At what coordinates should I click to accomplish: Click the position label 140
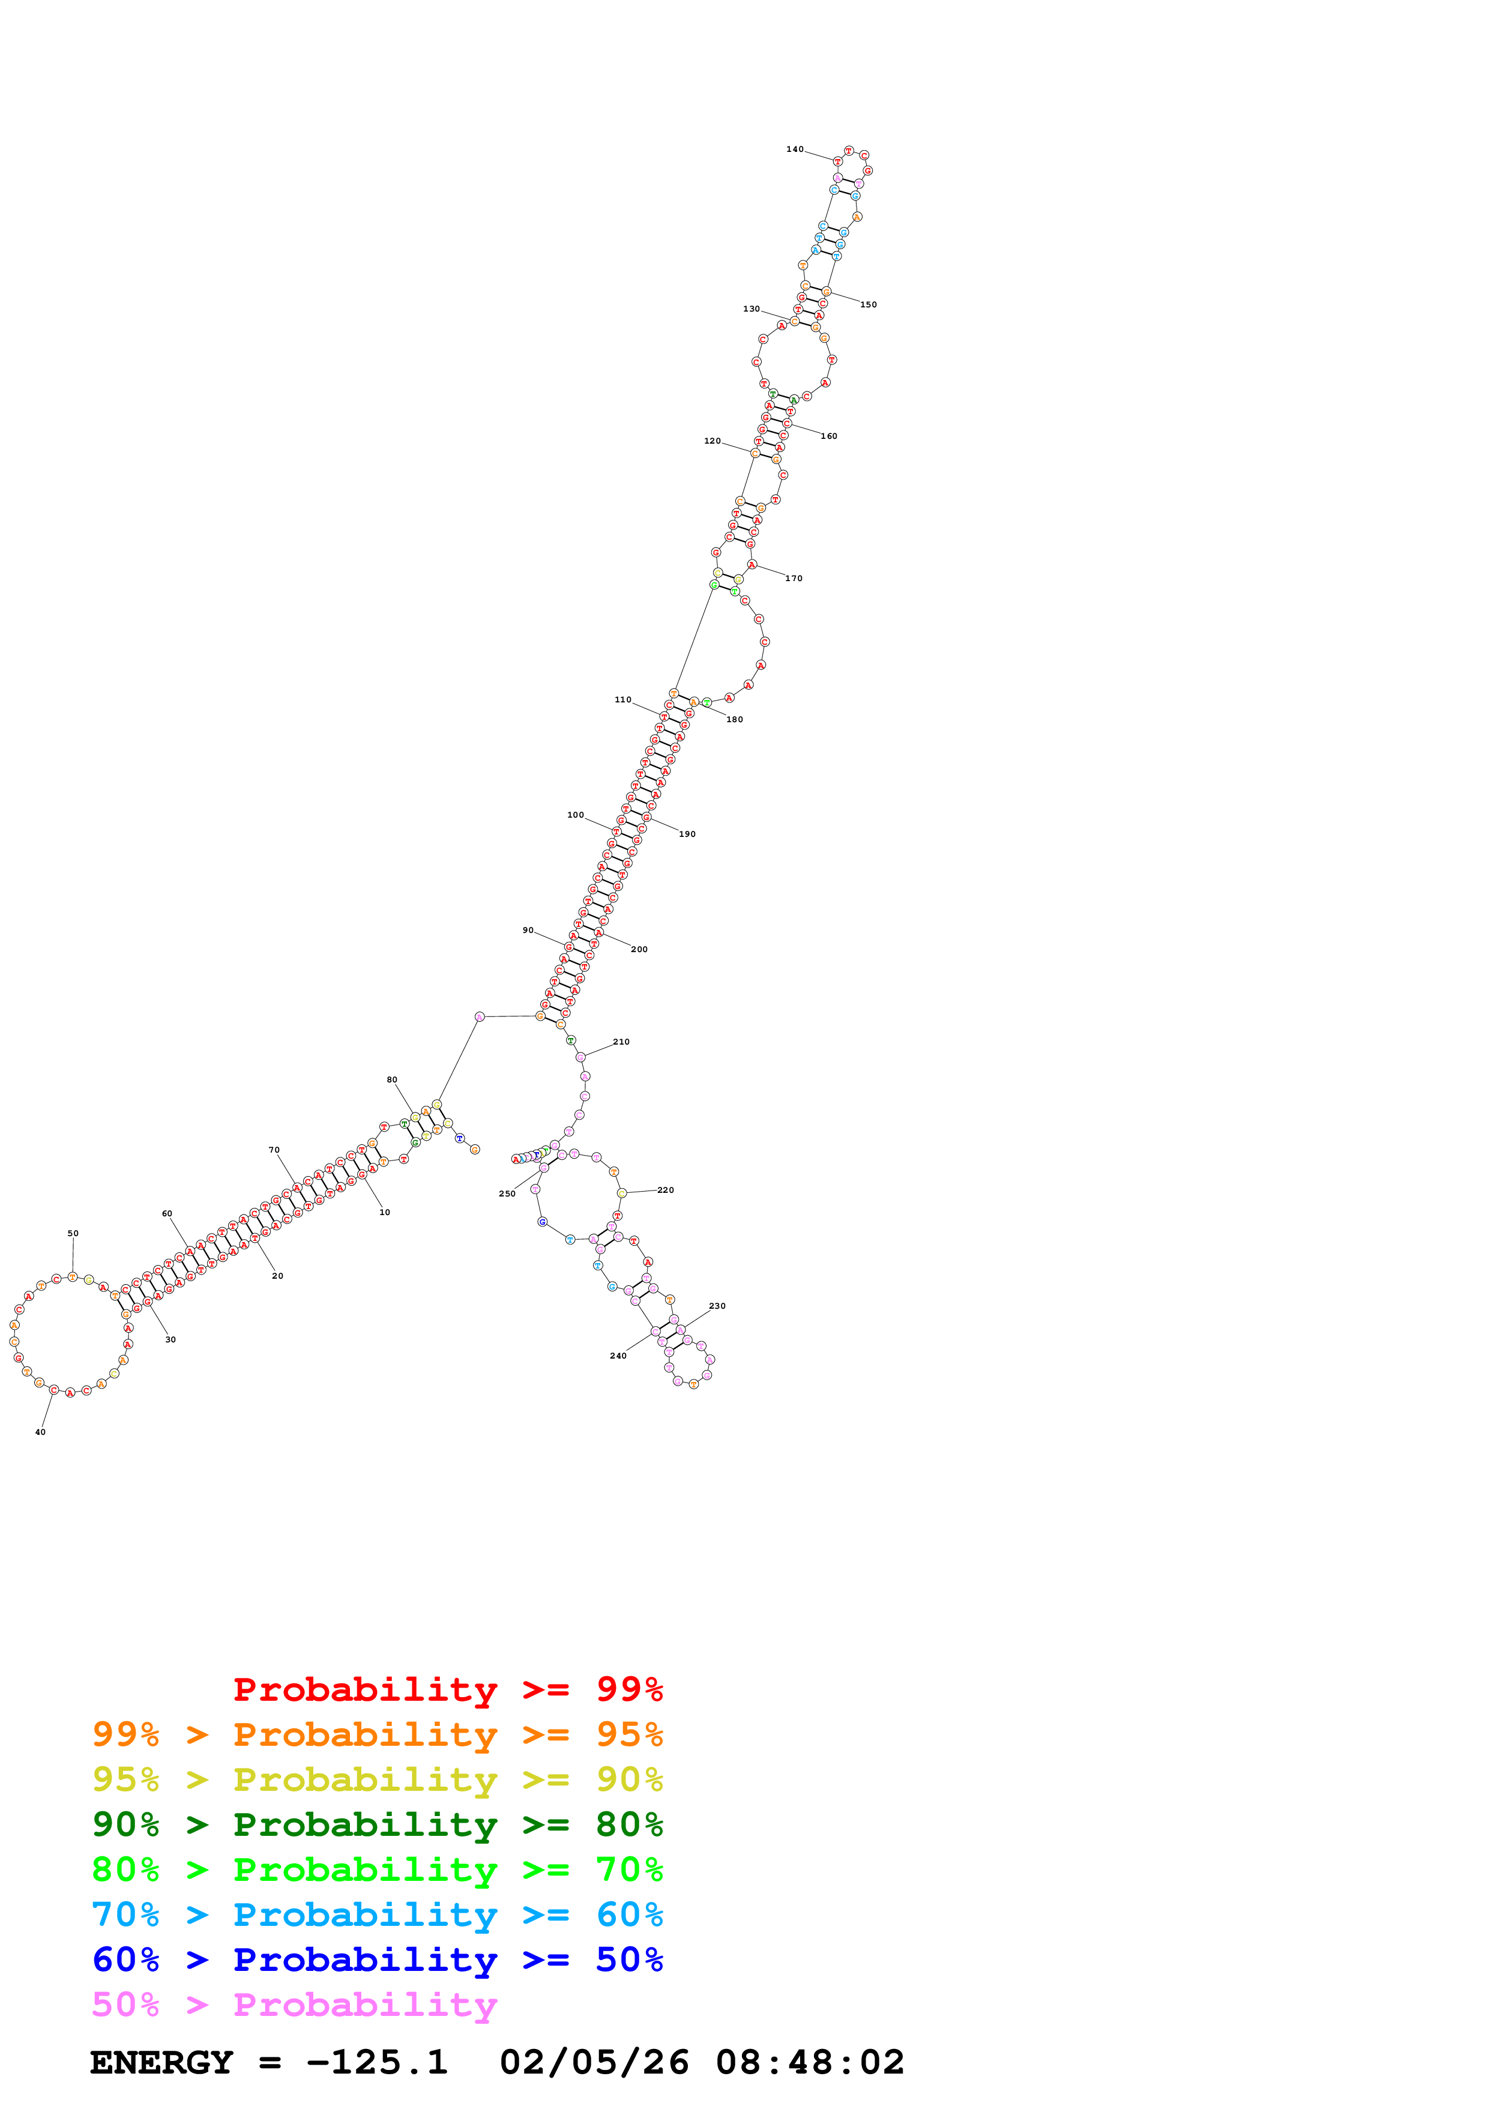(x=794, y=149)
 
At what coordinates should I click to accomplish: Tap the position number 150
(x=868, y=304)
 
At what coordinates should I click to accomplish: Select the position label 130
(x=751, y=309)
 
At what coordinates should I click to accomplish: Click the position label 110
(x=622, y=700)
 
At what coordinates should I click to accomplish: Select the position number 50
(x=73, y=1234)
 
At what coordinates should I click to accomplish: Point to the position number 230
(x=717, y=1306)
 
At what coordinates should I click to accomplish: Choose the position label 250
(x=507, y=1194)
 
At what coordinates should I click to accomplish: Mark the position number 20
(x=278, y=1276)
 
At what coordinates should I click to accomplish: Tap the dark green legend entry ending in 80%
(x=377, y=1824)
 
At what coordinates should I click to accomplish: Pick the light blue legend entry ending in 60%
(x=377, y=1914)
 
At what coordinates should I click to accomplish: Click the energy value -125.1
(x=377, y=2062)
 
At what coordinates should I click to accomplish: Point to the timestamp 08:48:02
(x=810, y=2062)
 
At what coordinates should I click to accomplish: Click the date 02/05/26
(x=594, y=2062)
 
